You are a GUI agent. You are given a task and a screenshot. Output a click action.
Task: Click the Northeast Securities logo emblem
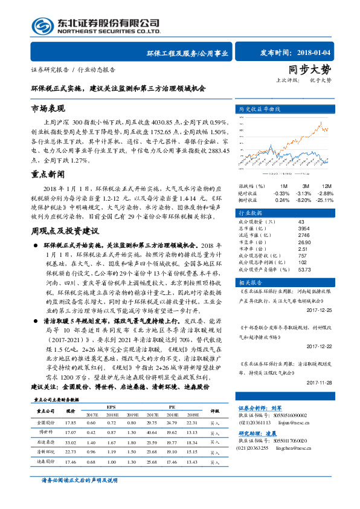[x=42, y=25]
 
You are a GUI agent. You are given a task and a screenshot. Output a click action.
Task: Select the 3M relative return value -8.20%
[x=304, y=199]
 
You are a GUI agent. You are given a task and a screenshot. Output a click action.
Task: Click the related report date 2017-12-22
[x=320, y=346]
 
